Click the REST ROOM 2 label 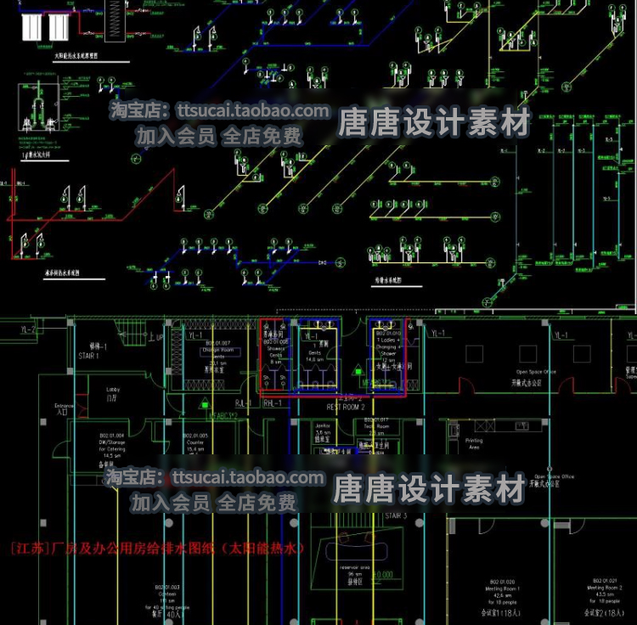point(346,408)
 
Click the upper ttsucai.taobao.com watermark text point(219,110)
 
